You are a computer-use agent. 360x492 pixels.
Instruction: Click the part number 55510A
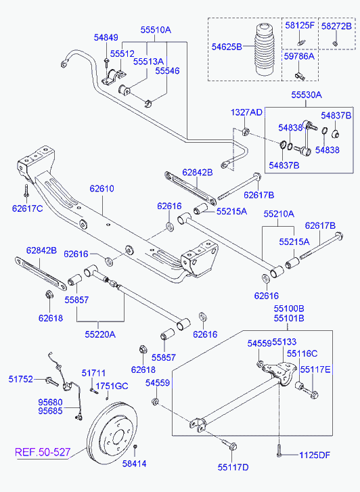tap(156, 30)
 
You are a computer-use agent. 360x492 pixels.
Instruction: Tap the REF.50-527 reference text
tap(43, 452)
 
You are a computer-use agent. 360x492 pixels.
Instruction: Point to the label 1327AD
tap(246, 112)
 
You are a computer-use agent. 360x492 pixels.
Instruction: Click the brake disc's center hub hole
tap(118, 437)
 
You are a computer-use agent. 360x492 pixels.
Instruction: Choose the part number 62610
tap(102, 189)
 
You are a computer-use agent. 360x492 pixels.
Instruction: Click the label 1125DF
tap(315, 455)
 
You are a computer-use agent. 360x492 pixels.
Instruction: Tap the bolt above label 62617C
tap(26, 191)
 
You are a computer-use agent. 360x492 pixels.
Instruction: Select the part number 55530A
tap(307, 95)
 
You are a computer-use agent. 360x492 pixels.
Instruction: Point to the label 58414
tap(135, 464)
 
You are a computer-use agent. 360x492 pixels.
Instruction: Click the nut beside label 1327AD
tap(246, 131)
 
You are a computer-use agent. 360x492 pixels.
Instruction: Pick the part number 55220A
tap(100, 334)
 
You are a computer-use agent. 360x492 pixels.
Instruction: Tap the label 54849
tap(106, 38)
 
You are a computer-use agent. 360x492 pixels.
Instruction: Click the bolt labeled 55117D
tap(230, 445)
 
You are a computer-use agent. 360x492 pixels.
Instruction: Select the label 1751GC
tap(112, 386)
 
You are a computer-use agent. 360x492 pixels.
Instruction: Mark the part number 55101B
tap(289, 318)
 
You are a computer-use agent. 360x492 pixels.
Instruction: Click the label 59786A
tap(299, 56)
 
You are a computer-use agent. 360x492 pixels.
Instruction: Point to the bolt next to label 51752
tap(51, 381)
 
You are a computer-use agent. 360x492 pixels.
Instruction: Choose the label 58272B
tap(336, 26)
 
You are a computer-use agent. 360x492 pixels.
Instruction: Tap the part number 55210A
tap(279, 214)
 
